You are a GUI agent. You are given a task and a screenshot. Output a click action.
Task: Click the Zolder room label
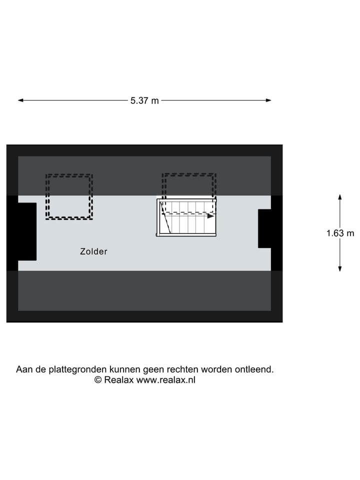93,251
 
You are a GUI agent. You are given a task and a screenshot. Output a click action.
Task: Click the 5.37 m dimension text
144,100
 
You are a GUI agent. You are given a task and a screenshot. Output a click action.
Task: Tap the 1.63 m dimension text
340,233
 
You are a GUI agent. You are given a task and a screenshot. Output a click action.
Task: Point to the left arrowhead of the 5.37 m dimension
20,100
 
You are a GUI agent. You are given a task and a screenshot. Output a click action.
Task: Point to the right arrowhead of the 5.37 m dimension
268,100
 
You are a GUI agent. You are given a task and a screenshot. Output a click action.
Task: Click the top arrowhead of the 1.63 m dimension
340,197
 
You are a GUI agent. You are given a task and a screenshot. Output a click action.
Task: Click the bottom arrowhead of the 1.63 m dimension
340,268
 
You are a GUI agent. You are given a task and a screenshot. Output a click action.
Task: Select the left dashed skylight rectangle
69,175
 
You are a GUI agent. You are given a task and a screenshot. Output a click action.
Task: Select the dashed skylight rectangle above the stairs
189,174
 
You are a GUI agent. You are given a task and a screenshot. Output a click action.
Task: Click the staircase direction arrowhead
210,216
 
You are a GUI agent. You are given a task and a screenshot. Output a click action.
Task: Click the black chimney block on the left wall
21,231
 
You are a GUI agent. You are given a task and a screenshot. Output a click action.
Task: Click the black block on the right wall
270,228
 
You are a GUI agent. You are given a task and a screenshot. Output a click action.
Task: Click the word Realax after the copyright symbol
119,380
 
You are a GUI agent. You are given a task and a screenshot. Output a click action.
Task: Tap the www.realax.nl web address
166,380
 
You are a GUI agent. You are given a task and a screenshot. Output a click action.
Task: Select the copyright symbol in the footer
98,380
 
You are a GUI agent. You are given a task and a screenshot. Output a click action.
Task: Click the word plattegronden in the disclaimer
78,369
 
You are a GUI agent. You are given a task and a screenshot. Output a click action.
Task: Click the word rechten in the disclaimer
183,369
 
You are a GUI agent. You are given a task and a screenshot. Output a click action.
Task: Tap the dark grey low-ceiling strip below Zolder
144,290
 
